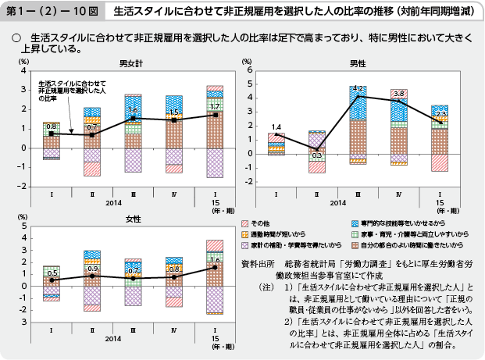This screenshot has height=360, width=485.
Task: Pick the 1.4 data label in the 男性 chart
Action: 276,127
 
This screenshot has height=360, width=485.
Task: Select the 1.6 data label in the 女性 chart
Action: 215,259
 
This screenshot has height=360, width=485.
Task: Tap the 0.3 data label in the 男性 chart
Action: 317,155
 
